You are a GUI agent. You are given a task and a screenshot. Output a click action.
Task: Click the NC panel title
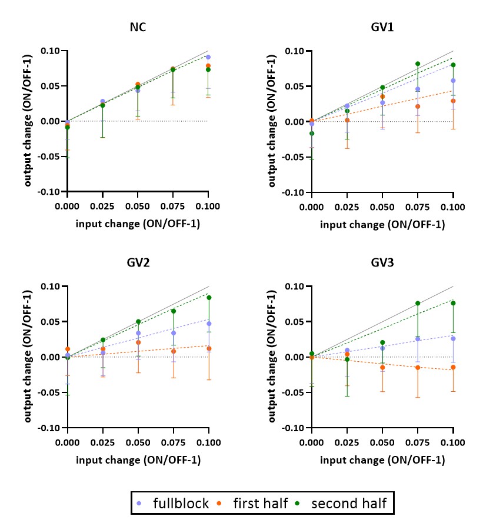pyautogui.click(x=138, y=28)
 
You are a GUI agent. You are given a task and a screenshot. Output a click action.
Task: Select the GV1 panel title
pyautogui.click(x=382, y=28)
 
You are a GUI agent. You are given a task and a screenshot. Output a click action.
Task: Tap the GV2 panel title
pyautogui.click(x=138, y=263)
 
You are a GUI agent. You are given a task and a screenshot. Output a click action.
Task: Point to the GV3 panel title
pyautogui.click(x=382, y=263)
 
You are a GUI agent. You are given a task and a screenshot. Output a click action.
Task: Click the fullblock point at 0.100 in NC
pyautogui.click(x=208, y=57)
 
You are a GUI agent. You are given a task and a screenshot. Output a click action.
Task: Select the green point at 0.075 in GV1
pyautogui.click(x=418, y=64)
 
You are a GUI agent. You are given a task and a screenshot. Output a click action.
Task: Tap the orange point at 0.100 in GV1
pyautogui.click(x=453, y=101)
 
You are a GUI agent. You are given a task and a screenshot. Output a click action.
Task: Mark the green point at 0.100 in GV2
pyautogui.click(x=209, y=298)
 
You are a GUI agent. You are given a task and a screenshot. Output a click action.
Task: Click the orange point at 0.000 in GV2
pyautogui.click(x=68, y=349)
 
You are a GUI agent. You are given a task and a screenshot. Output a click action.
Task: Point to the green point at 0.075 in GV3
pyautogui.click(x=418, y=304)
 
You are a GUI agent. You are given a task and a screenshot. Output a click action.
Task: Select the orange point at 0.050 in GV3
pyautogui.click(x=382, y=367)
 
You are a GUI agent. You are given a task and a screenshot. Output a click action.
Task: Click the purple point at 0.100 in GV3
pyautogui.click(x=453, y=338)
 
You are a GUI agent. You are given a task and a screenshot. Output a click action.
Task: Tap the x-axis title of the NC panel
pyautogui.click(x=138, y=225)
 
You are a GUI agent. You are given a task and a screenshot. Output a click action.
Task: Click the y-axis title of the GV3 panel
pyautogui.click(x=272, y=357)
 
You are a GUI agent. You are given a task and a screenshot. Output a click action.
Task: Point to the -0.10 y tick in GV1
pyautogui.click(x=293, y=192)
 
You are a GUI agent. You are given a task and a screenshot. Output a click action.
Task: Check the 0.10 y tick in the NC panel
pyautogui.click(x=51, y=51)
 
